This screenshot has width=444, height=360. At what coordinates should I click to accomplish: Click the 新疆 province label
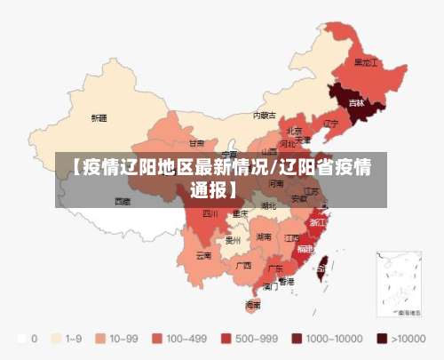[99, 117]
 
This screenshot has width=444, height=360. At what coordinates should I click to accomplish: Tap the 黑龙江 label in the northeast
[366, 63]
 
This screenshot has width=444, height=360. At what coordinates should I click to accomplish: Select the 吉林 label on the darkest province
[356, 103]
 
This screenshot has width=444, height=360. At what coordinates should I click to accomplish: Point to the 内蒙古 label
[264, 115]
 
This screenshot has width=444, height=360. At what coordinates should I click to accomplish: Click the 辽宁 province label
[330, 124]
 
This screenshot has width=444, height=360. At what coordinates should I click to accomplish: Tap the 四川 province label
[210, 213]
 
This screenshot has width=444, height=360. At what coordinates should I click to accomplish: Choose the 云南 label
[203, 255]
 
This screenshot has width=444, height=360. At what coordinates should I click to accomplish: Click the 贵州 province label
[234, 240]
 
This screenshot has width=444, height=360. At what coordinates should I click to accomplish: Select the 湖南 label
[264, 237]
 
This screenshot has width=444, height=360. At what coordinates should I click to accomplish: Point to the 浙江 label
[317, 221]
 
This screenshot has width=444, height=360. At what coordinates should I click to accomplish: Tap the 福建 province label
[305, 250]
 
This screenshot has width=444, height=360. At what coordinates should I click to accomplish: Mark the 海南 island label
[253, 305]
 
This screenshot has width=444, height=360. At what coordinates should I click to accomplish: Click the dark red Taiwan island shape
[321, 264]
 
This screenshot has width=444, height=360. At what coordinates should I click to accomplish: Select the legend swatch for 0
[20, 338]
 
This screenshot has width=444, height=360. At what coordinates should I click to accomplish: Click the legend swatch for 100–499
[157, 338]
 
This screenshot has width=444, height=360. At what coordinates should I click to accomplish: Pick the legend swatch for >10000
[382, 338]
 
